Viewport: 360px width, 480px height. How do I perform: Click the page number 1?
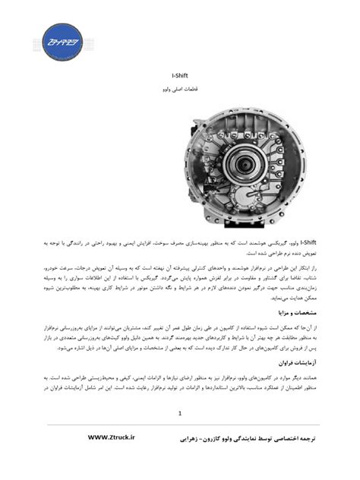click(180, 414)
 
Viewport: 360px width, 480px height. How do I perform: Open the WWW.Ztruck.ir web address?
click(112, 437)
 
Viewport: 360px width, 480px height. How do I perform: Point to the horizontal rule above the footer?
click(180, 425)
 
